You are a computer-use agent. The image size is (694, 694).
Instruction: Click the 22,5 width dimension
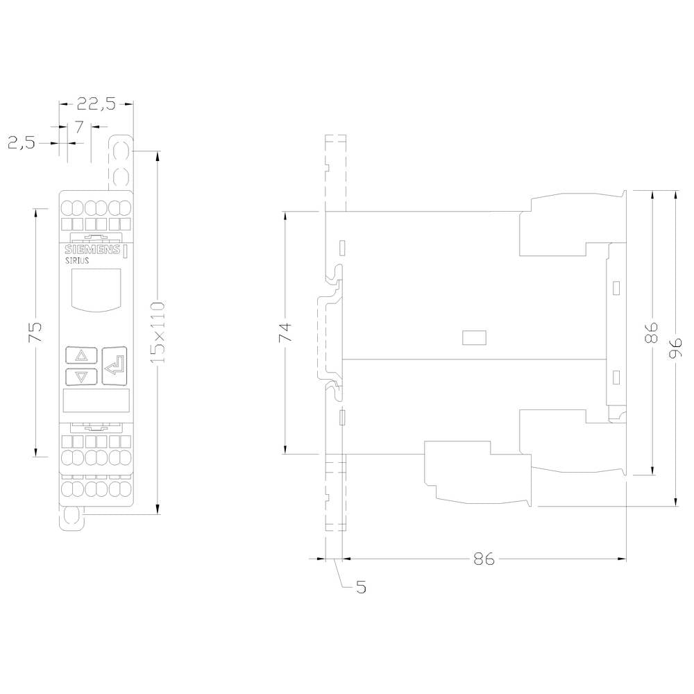pos(96,104)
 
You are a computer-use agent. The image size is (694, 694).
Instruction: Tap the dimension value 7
pos(78,126)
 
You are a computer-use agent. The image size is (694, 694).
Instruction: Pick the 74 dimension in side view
pos(285,332)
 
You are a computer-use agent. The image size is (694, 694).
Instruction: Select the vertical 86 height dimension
pos(652,332)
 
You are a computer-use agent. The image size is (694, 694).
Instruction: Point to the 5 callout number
pos(361,587)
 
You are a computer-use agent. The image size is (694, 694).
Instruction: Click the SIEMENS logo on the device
pos(92,250)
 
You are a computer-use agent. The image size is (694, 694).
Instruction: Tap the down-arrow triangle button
pos(81,377)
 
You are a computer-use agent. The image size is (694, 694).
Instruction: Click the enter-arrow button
pos(115,364)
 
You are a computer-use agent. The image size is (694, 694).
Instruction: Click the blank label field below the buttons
pos(96,401)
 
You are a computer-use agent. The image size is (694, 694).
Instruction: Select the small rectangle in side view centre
pos(473,338)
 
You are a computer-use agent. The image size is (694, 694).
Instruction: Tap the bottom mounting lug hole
pos(71,517)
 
